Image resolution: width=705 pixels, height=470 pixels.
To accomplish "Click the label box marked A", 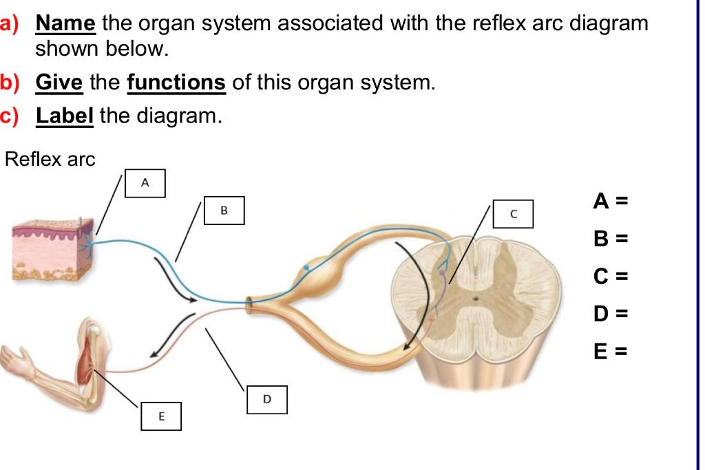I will [x=145, y=182].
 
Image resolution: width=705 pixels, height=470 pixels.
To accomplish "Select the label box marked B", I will [x=223, y=210].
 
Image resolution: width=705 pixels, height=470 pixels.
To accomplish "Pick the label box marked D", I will [x=267, y=400].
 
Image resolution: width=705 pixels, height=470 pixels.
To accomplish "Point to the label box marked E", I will [x=161, y=416].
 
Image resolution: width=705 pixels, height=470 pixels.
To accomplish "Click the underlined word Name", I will [x=65, y=23].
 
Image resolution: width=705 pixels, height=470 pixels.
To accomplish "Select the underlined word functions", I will [x=176, y=83].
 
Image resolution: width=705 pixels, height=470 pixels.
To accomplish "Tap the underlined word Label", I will [x=65, y=116].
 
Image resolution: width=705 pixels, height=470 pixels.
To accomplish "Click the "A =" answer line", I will [x=611, y=201].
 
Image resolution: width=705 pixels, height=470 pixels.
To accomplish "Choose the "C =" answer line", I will [x=611, y=277].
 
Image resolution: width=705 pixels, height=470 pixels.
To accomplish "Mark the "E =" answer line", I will [x=611, y=352].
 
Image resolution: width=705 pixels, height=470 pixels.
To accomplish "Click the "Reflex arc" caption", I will [x=50, y=160].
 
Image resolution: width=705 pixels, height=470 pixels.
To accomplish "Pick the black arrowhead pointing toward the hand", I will [x=157, y=353].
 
